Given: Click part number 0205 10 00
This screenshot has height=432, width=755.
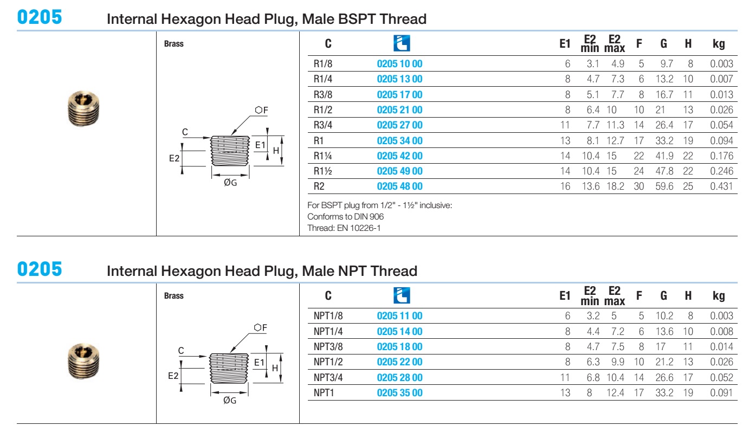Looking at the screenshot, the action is (399, 63).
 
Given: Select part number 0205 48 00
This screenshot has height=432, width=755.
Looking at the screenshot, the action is (399, 186).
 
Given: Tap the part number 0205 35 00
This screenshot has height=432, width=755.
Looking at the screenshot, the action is (399, 393).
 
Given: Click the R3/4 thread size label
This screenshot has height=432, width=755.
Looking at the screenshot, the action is (323, 125).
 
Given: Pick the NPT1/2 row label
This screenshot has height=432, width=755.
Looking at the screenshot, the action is (328, 362).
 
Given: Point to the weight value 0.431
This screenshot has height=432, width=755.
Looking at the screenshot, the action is (721, 186).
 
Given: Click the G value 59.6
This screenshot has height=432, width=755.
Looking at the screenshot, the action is (664, 186).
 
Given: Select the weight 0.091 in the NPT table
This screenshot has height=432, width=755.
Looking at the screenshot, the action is (721, 393).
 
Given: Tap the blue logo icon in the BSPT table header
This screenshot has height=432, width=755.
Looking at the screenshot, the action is (402, 43).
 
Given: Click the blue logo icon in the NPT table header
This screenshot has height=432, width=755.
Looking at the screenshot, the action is (402, 295).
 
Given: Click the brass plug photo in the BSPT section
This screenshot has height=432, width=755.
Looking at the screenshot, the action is (83, 108).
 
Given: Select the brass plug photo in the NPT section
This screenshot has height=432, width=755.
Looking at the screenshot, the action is (83, 361).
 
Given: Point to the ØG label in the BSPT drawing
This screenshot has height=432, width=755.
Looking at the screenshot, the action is (230, 183).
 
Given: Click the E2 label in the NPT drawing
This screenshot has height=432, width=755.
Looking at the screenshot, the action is (173, 376).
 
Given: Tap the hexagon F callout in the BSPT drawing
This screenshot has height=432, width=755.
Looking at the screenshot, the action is (261, 110).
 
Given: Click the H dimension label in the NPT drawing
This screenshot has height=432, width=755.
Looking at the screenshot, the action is (275, 368).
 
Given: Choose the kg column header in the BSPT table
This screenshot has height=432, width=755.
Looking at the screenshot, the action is (719, 43).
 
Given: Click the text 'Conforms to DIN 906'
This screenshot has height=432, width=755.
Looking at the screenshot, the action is (345, 216).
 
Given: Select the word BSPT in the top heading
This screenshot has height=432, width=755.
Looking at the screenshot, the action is (357, 19).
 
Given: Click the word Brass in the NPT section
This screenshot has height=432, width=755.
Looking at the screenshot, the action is (173, 295).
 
